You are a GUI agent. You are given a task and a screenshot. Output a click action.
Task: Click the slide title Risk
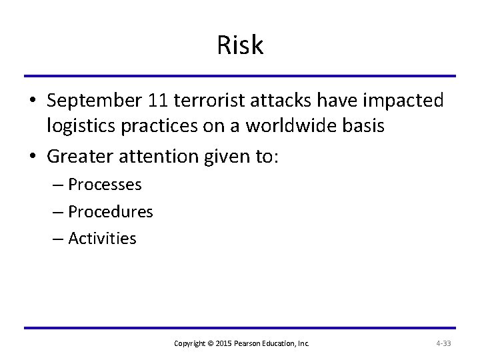pyautogui.click(x=240, y=45)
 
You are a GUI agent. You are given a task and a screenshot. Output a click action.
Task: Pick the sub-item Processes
pyautogui.click(x=105, y=185)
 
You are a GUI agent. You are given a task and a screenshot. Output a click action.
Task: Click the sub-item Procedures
pyautogui.click(x=111, y=211)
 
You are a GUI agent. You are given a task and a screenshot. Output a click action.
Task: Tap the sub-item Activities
pyautogui.click(x=102, y=238)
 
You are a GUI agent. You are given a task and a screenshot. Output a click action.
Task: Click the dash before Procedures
pyautogui.click(x=57, y=212)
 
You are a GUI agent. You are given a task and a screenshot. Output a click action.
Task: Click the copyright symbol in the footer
pyautogui.click(x=211, y=343)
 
